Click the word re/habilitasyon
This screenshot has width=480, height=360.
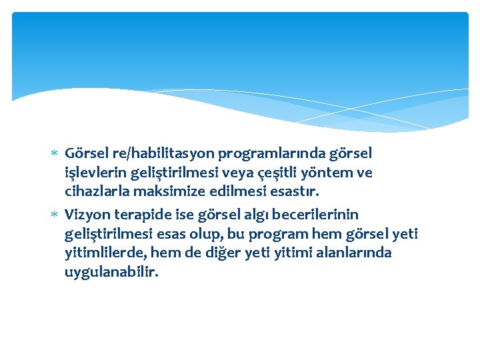(x=145, y=154)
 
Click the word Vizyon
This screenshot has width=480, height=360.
(x=85, y=215)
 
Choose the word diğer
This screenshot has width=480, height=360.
(x=229, y=253)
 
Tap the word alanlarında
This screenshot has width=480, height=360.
(x=354, y=253)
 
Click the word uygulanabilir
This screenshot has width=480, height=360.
(x=112, y=273)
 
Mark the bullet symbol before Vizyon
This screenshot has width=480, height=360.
(x=55, y=215)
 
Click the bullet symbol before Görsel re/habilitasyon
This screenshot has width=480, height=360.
(x=55, y=154)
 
